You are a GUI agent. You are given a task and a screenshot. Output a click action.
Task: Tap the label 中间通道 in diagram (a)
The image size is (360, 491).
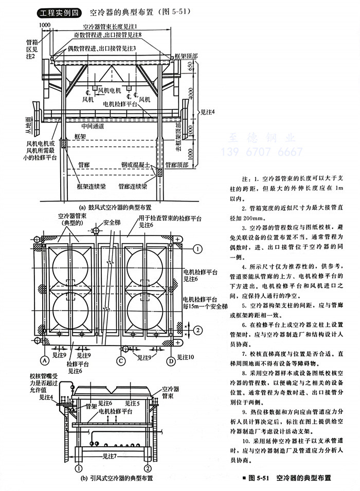93,126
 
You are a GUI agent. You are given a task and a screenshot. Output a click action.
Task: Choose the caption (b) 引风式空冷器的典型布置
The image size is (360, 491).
115,478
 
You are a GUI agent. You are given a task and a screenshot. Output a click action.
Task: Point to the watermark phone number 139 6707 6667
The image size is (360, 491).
262,152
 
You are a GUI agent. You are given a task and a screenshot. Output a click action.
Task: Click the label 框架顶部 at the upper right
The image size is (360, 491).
186,53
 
